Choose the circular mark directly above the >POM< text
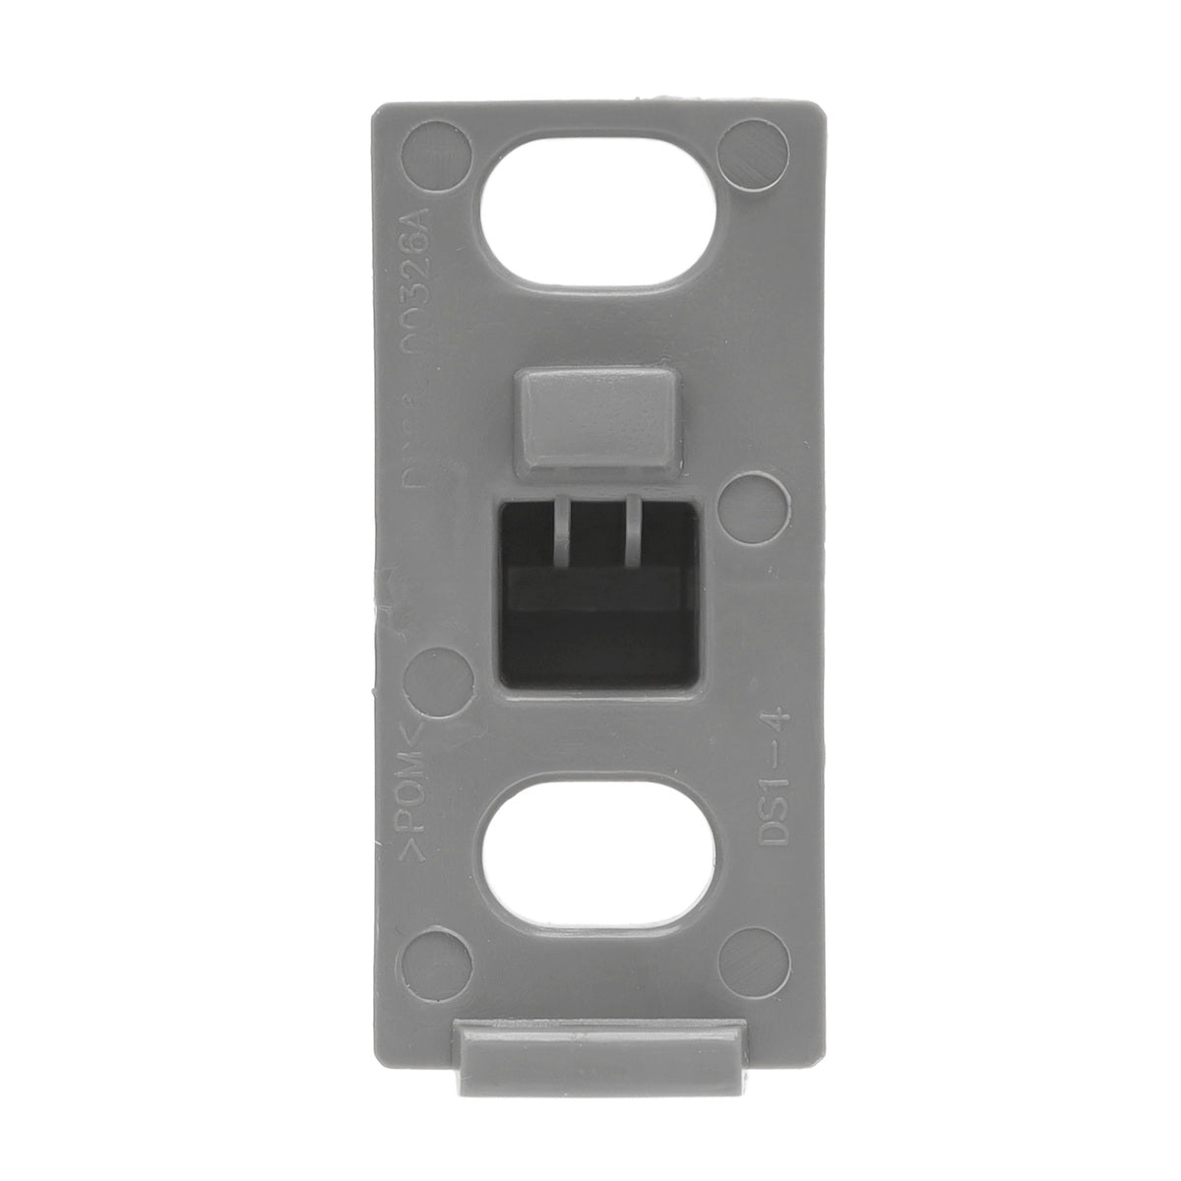point(433,679)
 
